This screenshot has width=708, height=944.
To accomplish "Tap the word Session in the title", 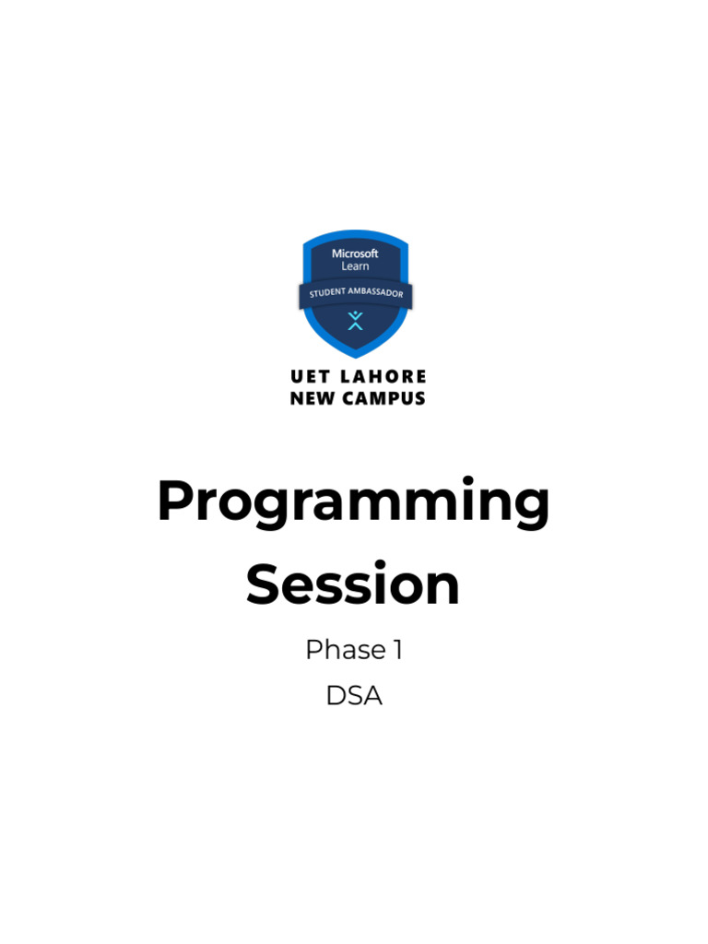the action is (353, 583).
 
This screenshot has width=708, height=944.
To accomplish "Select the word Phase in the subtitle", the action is (346, 649).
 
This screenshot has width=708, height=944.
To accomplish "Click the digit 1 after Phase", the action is (398, 650).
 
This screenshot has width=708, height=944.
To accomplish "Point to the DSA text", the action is (354, 695).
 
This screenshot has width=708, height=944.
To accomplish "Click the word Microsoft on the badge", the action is (355, 254).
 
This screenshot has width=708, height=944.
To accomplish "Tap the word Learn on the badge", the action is (355, 266).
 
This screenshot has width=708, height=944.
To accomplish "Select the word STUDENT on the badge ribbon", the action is (327, 293).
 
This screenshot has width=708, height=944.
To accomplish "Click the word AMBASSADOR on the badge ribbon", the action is (376, 292).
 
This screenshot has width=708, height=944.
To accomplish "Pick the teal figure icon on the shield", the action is (355, 320).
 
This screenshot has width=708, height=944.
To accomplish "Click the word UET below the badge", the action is (310, 377).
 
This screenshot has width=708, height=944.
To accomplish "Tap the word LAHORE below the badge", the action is (383, 377).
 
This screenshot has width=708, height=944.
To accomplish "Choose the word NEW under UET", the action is (312, 398).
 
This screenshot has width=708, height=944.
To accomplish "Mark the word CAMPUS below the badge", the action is (383, 398).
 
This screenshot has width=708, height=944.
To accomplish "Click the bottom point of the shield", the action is (356, 358).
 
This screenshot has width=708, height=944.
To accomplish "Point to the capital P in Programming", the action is (175, 500).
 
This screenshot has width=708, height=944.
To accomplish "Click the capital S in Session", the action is (263, 583).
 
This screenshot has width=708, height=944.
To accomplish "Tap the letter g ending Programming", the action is (529, 511).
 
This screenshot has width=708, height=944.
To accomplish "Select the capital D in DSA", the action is (336, 696).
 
